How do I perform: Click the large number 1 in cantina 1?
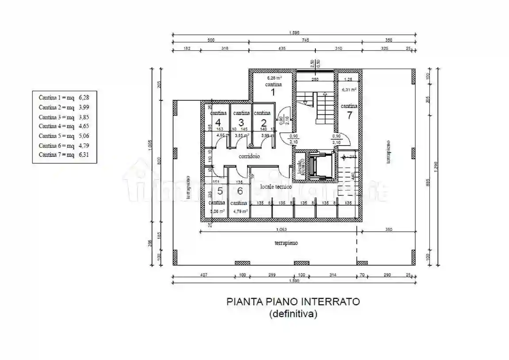click(273, 92)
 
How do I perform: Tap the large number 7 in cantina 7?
click(349, 115)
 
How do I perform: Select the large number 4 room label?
click(218, 123)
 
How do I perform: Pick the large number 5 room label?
click(220, 191)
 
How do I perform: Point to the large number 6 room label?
click(240, 191)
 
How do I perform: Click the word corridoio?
click(249, 157)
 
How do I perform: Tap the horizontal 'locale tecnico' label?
click(276, 187)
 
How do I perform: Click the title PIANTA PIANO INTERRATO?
click(293, 302)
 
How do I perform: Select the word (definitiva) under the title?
click(293, 314)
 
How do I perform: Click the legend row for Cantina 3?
click(64, 117)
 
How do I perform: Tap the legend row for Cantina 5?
click(64, 136)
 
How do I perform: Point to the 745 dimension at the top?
click(305, 40)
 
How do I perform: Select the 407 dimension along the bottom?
click(203, 275)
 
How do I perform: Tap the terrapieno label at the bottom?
click(286, 243)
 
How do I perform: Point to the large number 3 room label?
click(241, 123)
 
